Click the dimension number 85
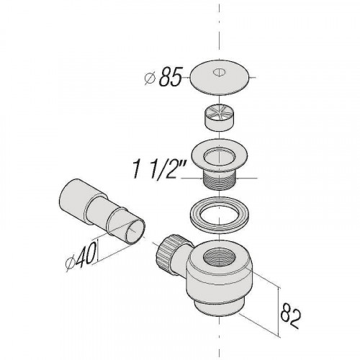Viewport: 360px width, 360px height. pyautogui.click(x=171, y=76)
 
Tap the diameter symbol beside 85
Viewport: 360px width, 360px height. pyautogui.click(x=150, y=78)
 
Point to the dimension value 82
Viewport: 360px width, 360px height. pyautogui.click(x=290, y=315)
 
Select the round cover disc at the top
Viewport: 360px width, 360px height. pyautogui.click(x=219, y=77)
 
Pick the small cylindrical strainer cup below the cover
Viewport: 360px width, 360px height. pyautogui.click(x=220, y=119)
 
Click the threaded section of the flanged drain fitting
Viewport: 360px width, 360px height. pyautogui.click(x=220, y=180)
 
